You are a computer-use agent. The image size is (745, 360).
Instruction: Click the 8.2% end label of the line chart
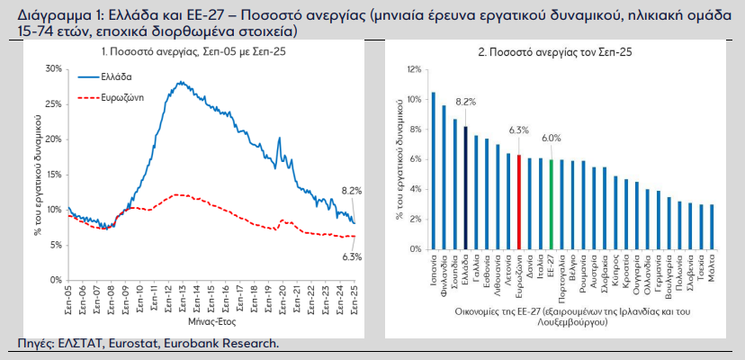tap(351, 191)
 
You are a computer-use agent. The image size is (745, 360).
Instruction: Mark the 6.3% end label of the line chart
tap(351, 257)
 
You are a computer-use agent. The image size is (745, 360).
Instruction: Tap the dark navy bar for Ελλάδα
tap(465, 187)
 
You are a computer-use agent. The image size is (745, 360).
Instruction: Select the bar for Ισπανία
tap(433, 170)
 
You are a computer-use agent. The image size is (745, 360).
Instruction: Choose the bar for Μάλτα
tap(712, 226)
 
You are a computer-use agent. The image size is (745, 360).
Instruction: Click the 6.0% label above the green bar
tap(551, 138)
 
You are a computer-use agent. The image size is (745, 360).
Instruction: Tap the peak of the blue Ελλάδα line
tap(182, 82)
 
